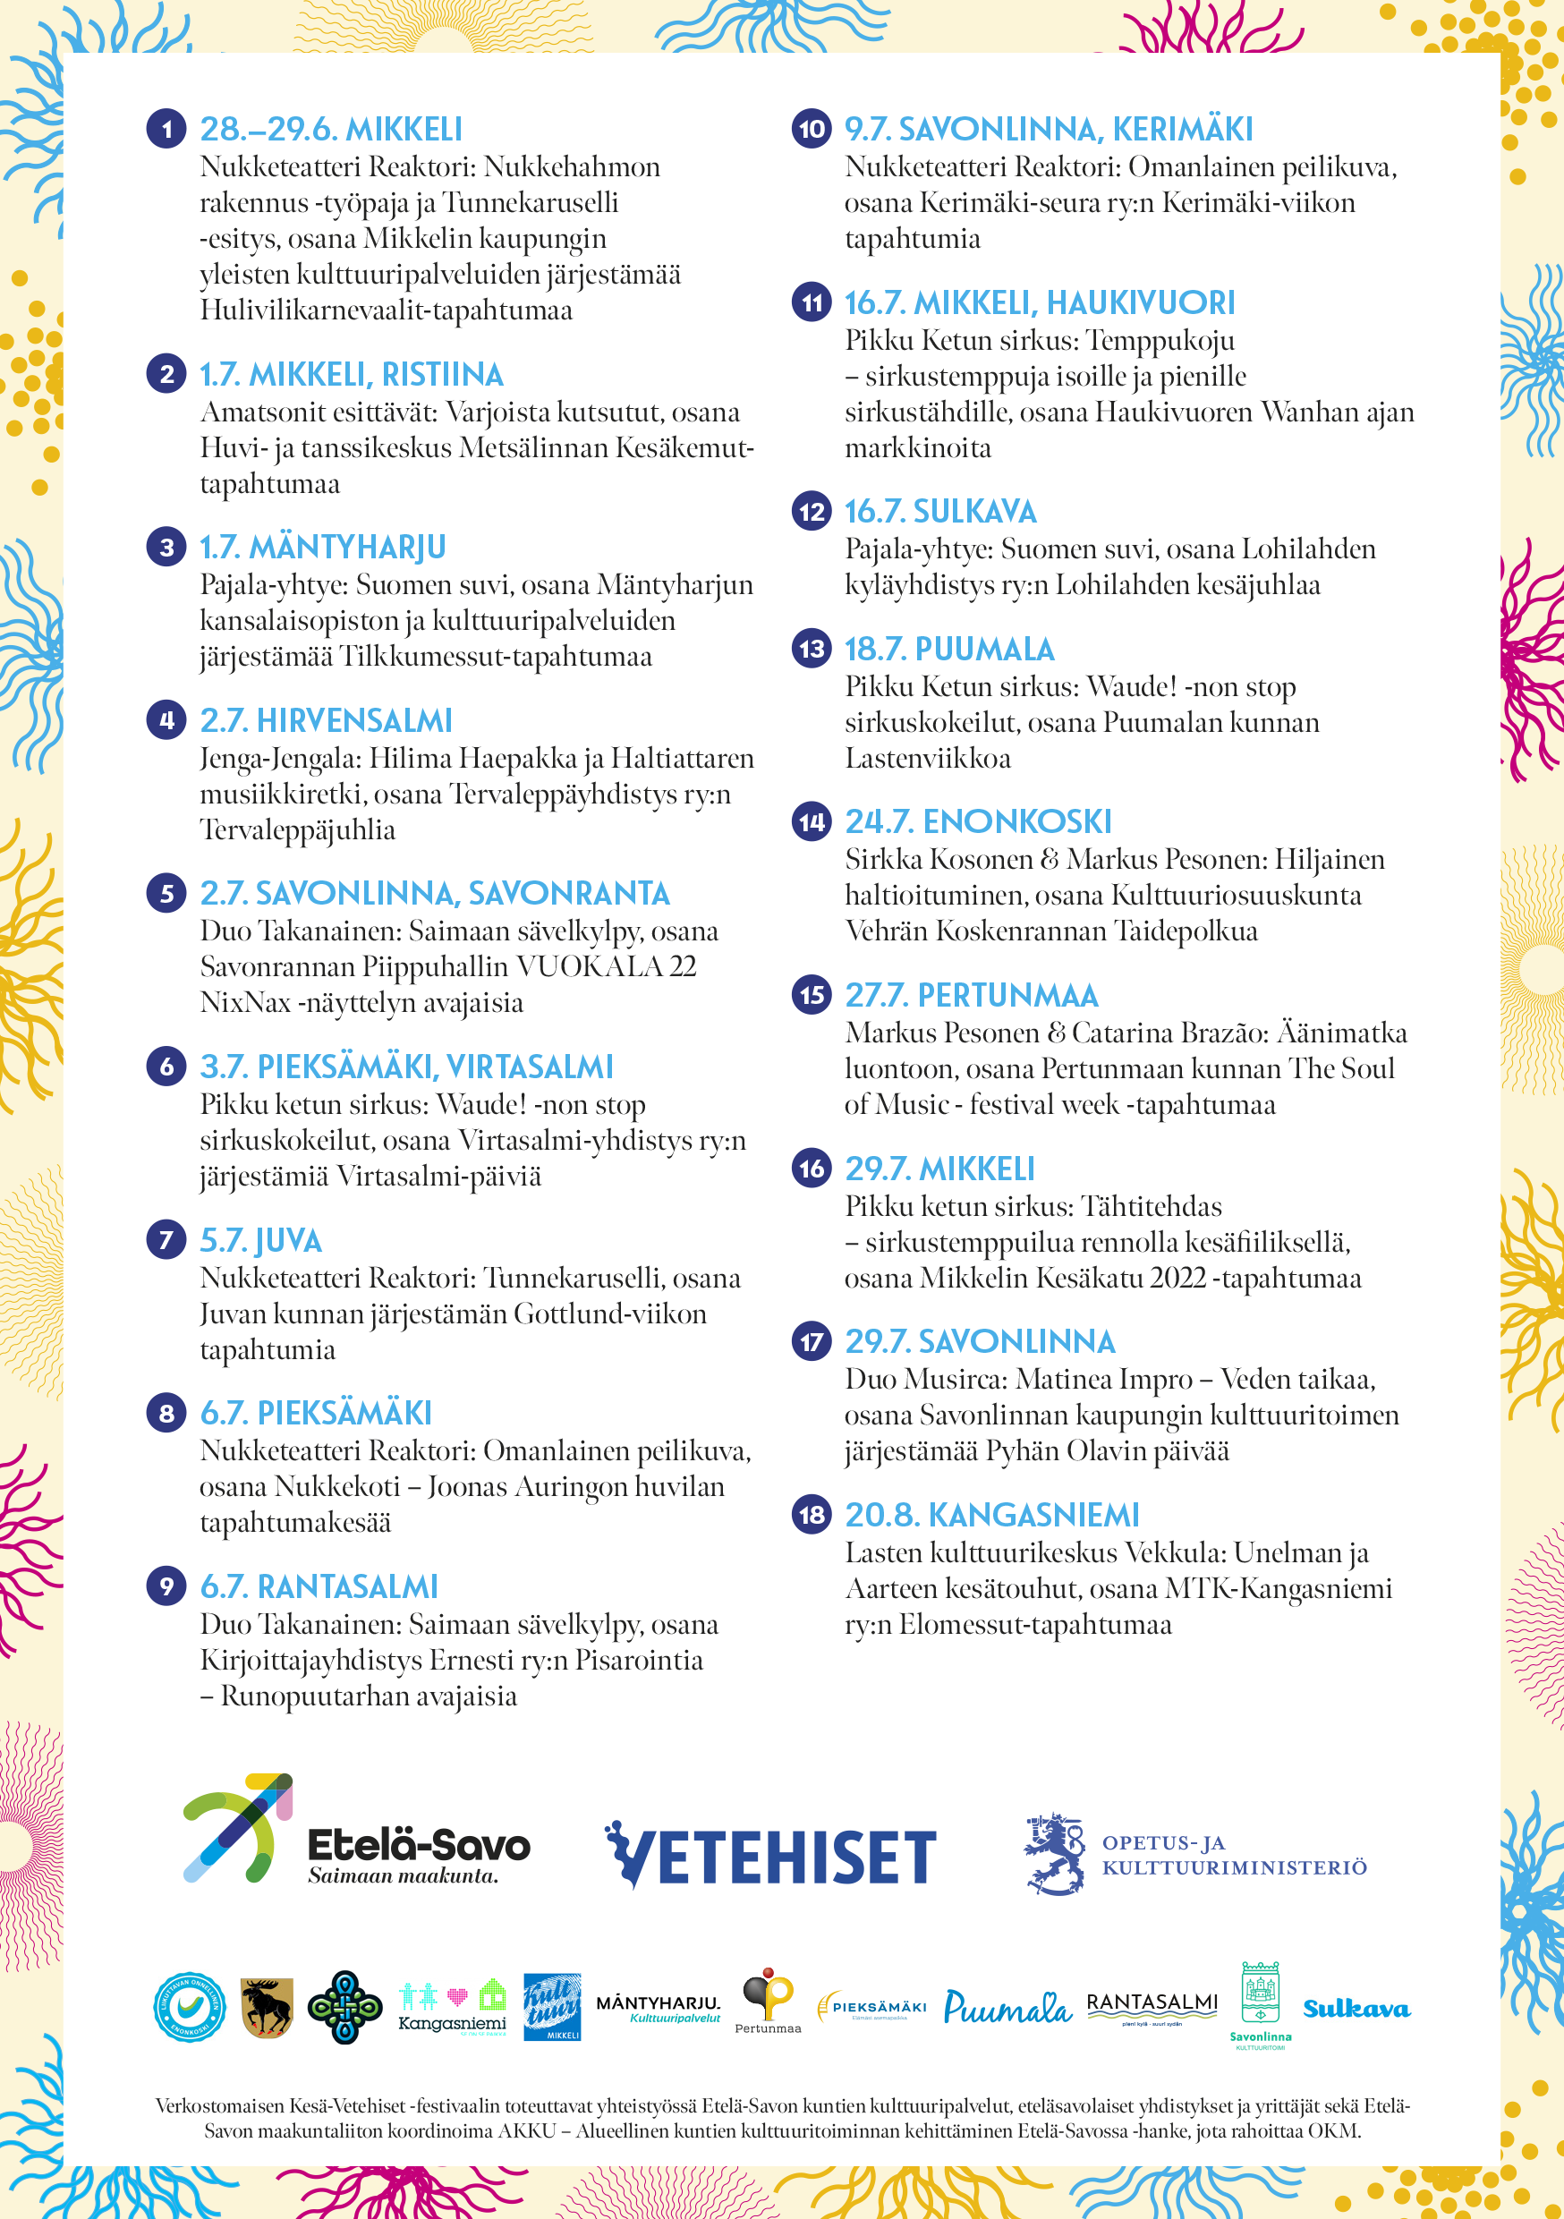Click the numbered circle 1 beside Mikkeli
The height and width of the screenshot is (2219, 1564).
tap(166, 129)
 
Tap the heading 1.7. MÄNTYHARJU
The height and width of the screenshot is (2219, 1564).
tap(322, 547)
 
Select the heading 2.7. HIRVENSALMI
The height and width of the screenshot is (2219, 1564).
tap(326, 720)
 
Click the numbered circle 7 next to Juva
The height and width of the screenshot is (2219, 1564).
tap(166, 1240)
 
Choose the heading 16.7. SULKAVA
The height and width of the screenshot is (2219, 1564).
tap(939, 511)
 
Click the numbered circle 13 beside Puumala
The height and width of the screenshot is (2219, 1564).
tap(812, 649)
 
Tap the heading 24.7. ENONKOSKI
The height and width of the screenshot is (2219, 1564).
tap(977, 821)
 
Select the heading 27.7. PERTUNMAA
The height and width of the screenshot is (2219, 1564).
tap(971, 994)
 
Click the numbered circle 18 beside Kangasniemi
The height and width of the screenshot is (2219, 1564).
tap(812, 1515)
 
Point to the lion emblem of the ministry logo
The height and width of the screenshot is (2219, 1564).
tap(1055, 1854)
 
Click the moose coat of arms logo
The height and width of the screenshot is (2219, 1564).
tap(267, 2006)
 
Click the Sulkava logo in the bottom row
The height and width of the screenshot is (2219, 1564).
tap(1356, 2010)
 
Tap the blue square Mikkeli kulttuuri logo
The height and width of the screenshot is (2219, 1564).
tap(552, 2006)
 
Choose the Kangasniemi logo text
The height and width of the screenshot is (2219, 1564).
tap(453, 2023)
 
